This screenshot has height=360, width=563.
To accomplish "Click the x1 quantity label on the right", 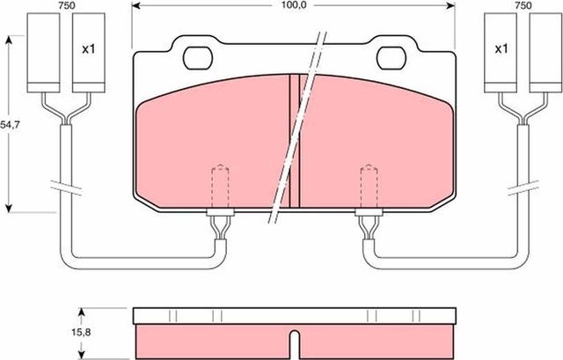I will point(501,49).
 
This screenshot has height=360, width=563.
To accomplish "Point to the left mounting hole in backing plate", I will point(199,56).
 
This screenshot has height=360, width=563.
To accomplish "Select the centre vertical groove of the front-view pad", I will point(295,141).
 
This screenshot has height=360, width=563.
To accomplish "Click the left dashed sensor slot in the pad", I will point(221,186).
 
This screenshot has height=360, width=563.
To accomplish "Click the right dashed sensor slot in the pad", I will point(366,186).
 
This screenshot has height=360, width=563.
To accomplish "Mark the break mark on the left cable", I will point(65,188).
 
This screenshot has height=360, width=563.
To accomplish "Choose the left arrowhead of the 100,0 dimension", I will point(135,5).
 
